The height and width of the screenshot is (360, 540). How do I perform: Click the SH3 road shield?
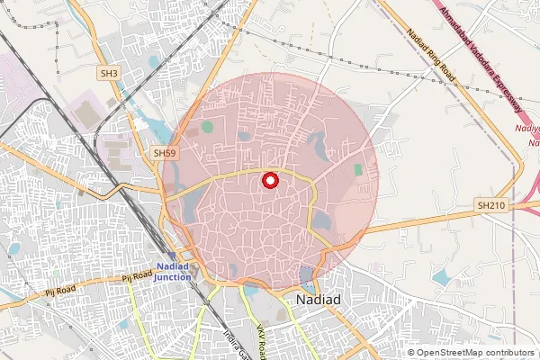pos(109,73)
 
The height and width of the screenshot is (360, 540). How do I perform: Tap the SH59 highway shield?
pos(164,154)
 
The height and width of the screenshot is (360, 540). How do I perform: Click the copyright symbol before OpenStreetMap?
pos(411,353)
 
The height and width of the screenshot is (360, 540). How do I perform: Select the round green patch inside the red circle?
pos(208,127)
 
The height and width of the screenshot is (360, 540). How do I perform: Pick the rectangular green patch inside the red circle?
pos(359,169)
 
